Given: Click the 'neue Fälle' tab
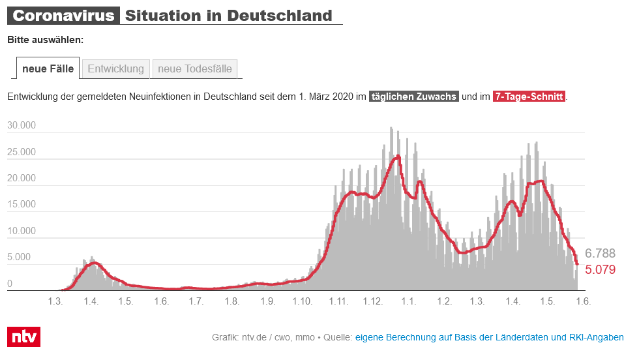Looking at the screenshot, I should coord(48,68).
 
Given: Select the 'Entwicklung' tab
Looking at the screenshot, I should coord(115,68).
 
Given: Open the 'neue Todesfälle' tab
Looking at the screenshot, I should coord(195,68).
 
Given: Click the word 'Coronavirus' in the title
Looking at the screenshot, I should coord(63,16).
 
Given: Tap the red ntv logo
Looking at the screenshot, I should coord(23,337).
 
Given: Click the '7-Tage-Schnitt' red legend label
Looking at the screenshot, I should coord(529,97).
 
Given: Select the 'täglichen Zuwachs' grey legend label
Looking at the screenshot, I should coord(414,97).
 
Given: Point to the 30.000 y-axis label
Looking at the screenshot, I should coord(22,126).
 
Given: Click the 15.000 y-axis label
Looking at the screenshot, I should coord(22,205).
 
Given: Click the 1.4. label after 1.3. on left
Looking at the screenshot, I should coord(91,301).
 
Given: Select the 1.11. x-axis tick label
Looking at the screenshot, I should coord(338,301).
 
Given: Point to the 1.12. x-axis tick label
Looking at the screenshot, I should coord(373,301).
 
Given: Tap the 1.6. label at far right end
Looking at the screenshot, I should coord(582,301).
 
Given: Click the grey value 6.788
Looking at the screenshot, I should coord(600,254).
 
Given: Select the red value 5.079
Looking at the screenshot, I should coord(600,269).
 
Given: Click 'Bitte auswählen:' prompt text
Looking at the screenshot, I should coord(45,40).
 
